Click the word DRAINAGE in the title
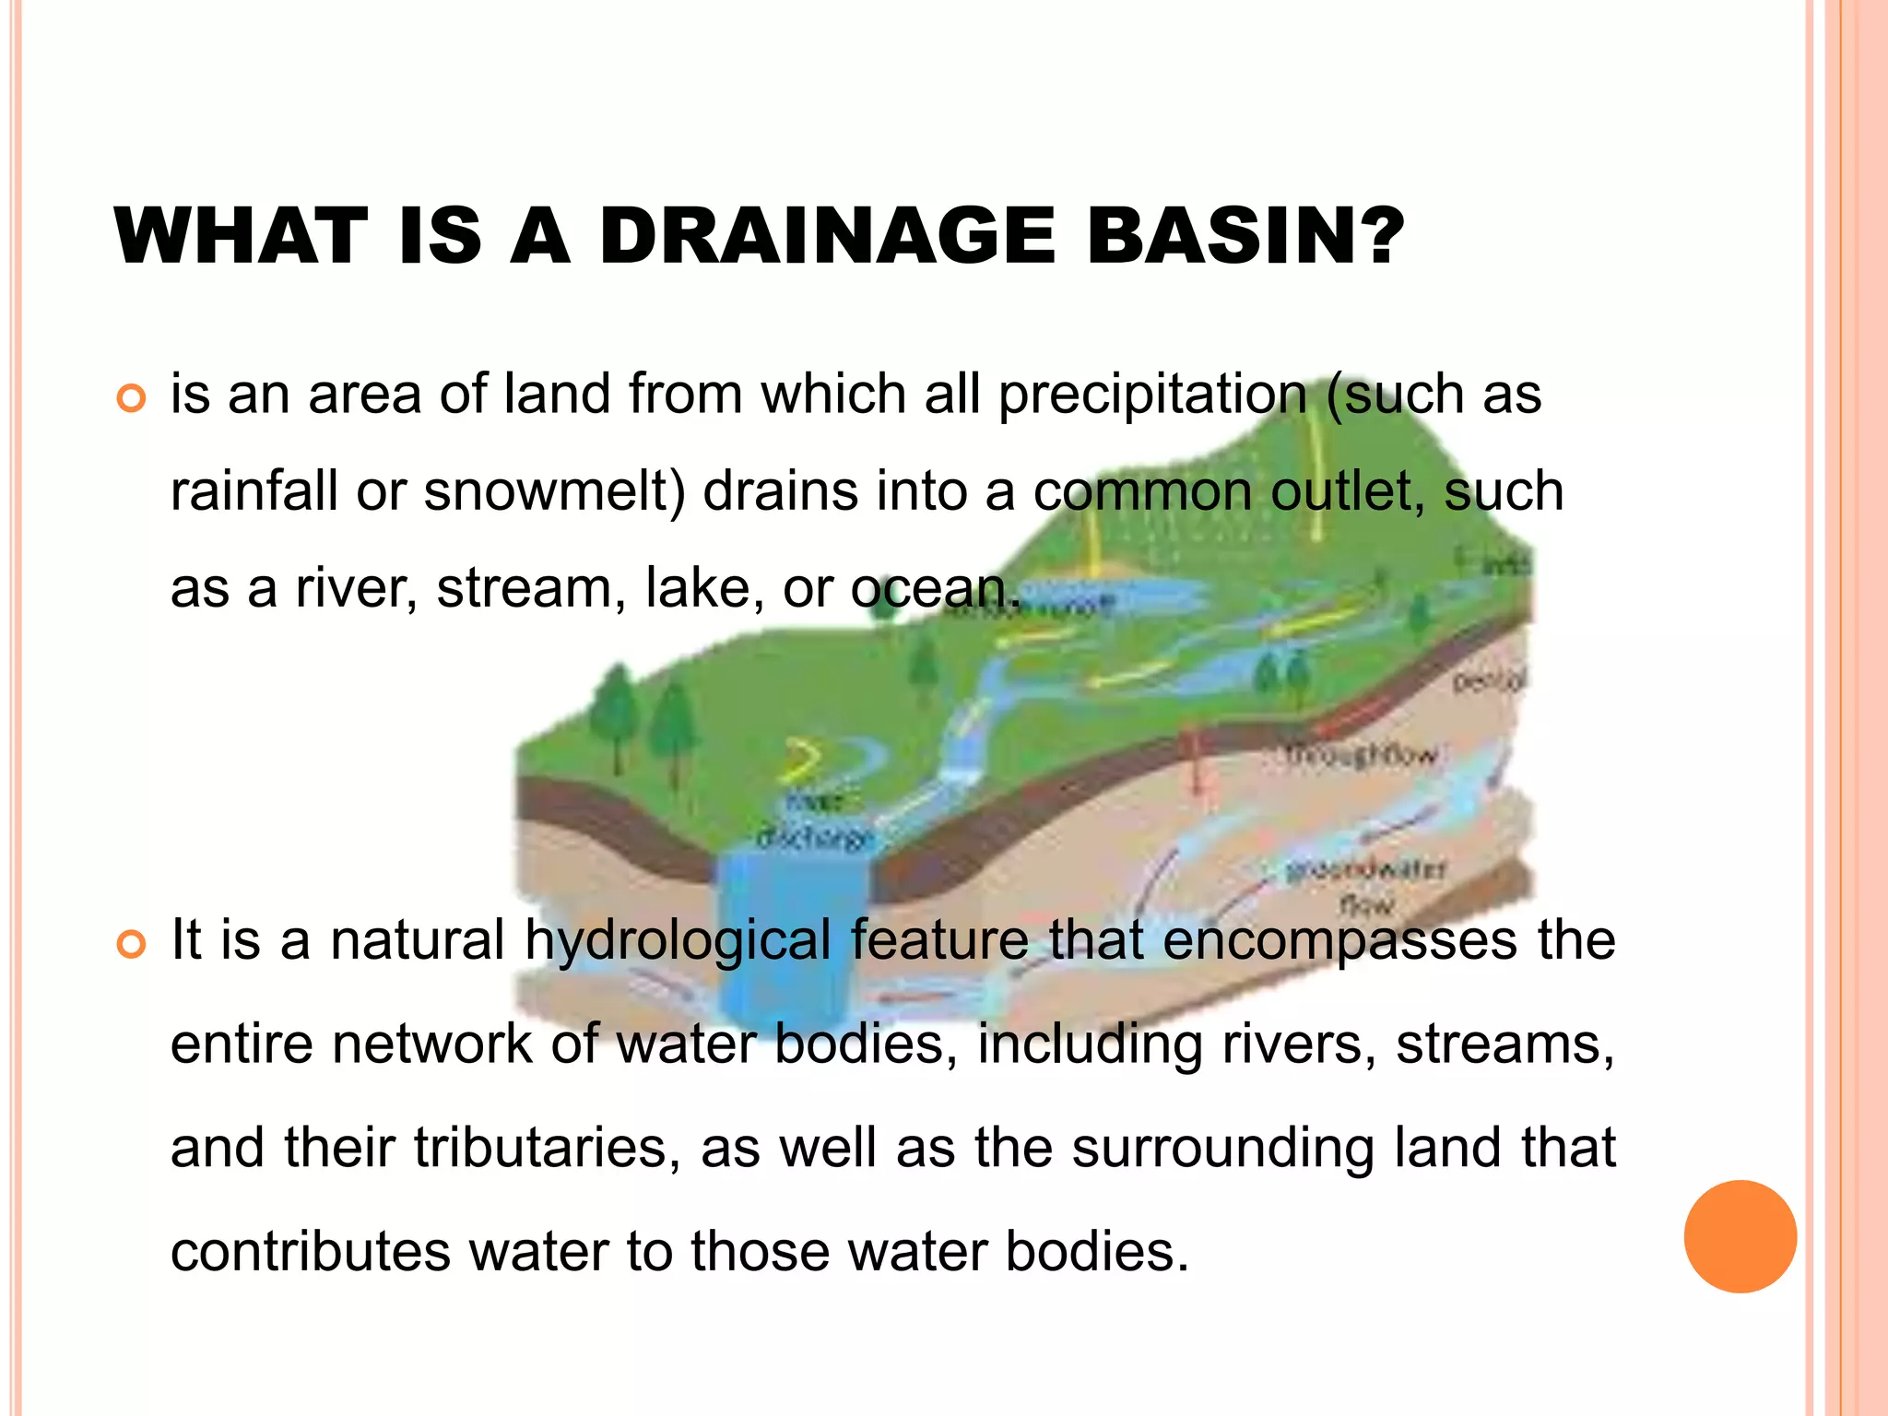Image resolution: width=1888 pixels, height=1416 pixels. tap(827, 236)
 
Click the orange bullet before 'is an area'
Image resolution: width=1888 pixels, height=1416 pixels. tap(132, 399)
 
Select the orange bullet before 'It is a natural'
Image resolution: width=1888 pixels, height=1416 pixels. tap(132, 945)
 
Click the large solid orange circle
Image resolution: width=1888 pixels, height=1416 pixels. tap(1740, 1236)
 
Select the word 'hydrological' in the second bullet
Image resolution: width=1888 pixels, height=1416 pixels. tap(678, 942)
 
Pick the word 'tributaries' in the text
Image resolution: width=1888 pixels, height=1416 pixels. tap(540, 1149)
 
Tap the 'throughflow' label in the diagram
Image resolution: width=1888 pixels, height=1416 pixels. tap(1361, 755)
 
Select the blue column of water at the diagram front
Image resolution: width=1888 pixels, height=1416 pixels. tap(792, 931)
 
